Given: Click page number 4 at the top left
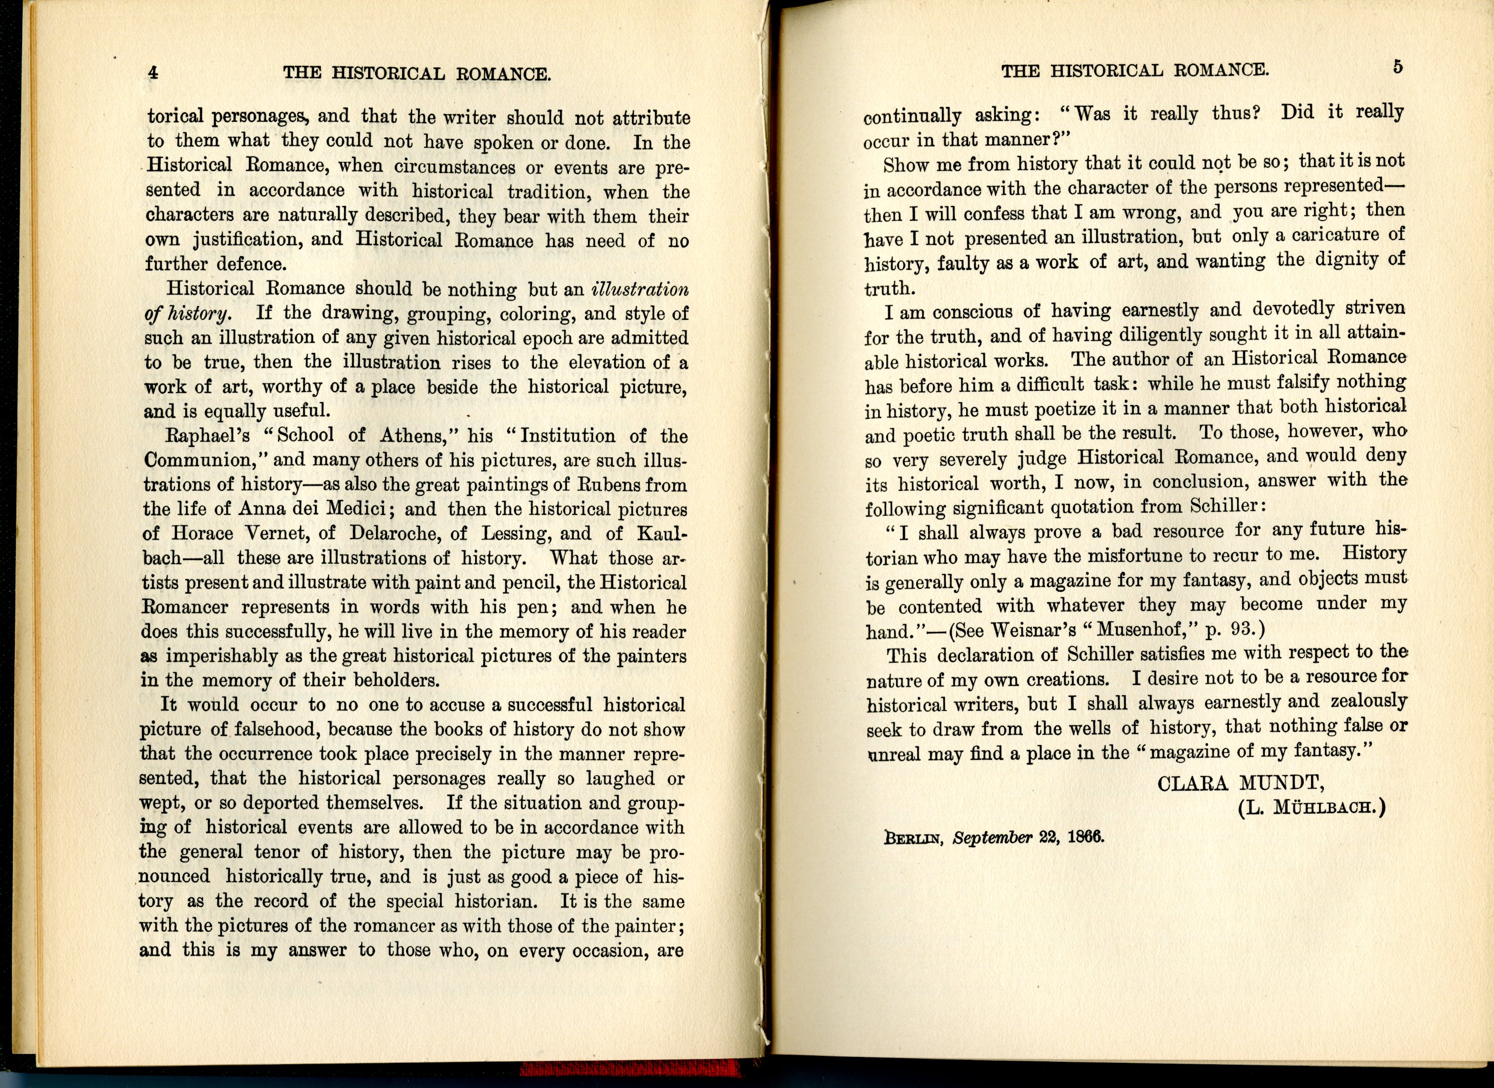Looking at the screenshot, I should (x=153, y=72).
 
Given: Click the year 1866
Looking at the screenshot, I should (x=1085, y=837).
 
